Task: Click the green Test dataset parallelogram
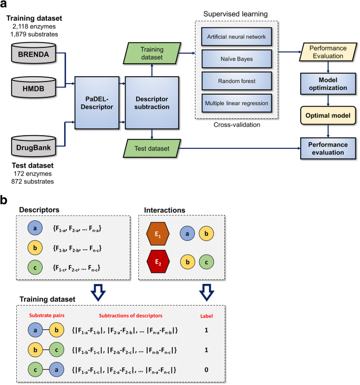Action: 151,149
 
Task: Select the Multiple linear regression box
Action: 236,104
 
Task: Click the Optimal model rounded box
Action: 328,114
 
